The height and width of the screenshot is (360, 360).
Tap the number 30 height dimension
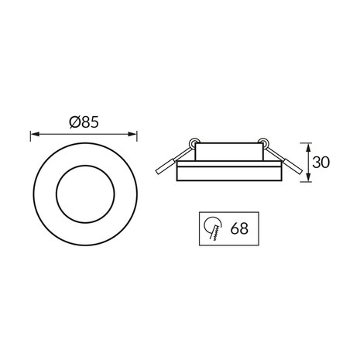tap(324, 163)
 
